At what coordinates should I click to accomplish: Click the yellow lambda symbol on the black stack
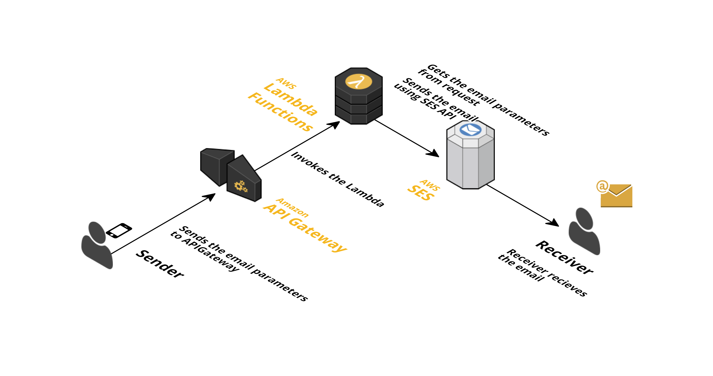[x=358, y=82]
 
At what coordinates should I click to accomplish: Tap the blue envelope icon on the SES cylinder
[x=470, y=130]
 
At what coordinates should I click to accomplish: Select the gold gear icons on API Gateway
[x=241, y=186]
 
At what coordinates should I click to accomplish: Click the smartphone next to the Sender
[x=119, y=230]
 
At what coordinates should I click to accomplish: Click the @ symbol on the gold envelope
[x=602, y=186]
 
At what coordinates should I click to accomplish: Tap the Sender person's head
[x=97, y=232]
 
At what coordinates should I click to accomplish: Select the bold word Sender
[x=160, y=264]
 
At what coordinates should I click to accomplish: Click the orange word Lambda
[x=291, y=99]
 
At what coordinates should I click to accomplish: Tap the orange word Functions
[x=280, y=112]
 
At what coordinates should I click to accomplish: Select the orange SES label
[x=421, y=193]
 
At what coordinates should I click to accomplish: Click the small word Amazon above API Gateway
[x=292, y=208]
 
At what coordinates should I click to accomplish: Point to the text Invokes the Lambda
[x=338, y=179]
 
